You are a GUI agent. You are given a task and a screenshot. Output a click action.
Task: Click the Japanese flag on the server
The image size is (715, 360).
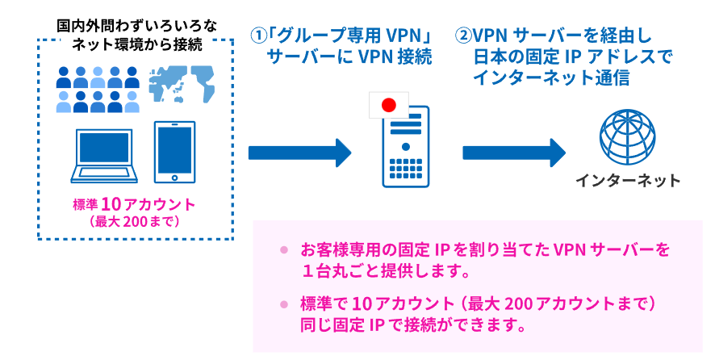click(387, 104)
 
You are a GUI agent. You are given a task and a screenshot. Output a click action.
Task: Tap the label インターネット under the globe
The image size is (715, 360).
click(628, 179)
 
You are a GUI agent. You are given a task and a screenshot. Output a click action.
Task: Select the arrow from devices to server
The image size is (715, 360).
click(299, 153)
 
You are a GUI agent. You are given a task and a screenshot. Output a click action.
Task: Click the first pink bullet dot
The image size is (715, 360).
click(283, 250)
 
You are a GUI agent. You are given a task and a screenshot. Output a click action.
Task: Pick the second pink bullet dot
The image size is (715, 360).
click(283, 304)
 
